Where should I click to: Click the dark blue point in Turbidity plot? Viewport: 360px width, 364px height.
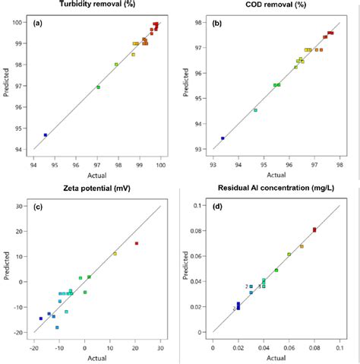(46, 135)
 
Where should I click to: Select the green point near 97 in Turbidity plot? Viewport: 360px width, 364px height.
(98, 87)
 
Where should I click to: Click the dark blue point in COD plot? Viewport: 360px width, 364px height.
(223, 138)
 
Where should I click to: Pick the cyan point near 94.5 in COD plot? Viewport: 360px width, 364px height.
(255, 110)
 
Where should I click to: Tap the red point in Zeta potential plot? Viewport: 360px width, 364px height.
(137, 243)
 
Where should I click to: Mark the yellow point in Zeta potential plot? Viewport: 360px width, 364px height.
(115, 254)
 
